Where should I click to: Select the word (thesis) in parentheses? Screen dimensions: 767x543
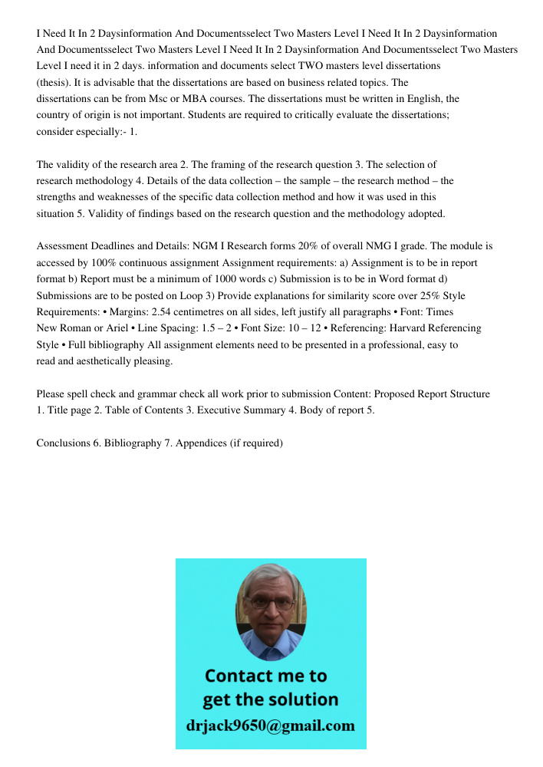53,82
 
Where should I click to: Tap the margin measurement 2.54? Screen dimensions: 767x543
188,312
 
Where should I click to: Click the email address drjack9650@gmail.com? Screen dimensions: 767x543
271,726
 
